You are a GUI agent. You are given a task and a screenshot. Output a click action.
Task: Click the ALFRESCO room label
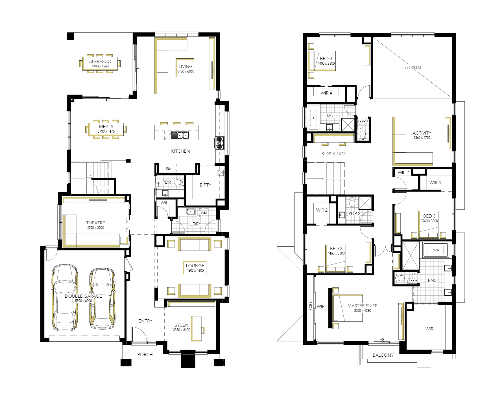click(100, 61)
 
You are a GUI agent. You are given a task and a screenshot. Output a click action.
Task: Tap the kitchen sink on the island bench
click(180, 135)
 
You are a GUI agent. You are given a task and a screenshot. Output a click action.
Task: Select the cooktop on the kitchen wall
click(220, 143)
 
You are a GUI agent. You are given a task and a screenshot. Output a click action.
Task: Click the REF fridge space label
click(169, 168)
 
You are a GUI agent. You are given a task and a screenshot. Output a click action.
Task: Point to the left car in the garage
click(65, 297)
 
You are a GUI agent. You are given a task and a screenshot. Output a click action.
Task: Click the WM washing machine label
click(204, 213)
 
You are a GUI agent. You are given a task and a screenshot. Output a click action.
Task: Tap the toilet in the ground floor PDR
click(178, 182)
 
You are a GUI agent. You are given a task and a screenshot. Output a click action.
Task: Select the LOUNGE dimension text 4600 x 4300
click(195, 271)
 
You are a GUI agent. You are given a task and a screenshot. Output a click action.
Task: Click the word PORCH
click(145, 355)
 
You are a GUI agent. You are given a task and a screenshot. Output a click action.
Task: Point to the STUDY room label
click(181, 325)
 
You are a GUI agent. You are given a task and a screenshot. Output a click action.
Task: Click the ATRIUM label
click(413, 67)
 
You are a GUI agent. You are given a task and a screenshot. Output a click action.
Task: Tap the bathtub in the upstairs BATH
click(313, 118)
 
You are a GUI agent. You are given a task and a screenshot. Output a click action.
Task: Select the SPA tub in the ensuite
click(436, 250)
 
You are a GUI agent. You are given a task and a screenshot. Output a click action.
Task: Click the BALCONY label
click(383, 355)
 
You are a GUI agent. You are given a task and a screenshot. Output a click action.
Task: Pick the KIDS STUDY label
click(334, 154)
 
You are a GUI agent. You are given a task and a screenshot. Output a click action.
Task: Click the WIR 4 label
click(326, 93)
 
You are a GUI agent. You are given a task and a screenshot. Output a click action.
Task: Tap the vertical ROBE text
click(311, 306)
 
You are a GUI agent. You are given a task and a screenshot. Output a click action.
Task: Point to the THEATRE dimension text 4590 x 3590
click(95, 228)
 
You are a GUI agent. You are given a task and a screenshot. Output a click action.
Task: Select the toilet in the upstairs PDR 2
click(352, 202)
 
